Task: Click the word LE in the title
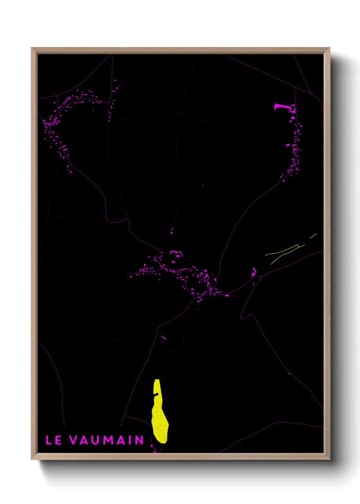(x=53, y=440)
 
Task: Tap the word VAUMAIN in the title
(x=107, y=440)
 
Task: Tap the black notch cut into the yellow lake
(x=156, y=395)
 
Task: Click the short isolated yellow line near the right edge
(x=313, y=236)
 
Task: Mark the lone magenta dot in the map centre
(x=203, y=185)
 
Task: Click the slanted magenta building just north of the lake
(x=163, y=338)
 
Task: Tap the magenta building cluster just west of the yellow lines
(x=254, y=272)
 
